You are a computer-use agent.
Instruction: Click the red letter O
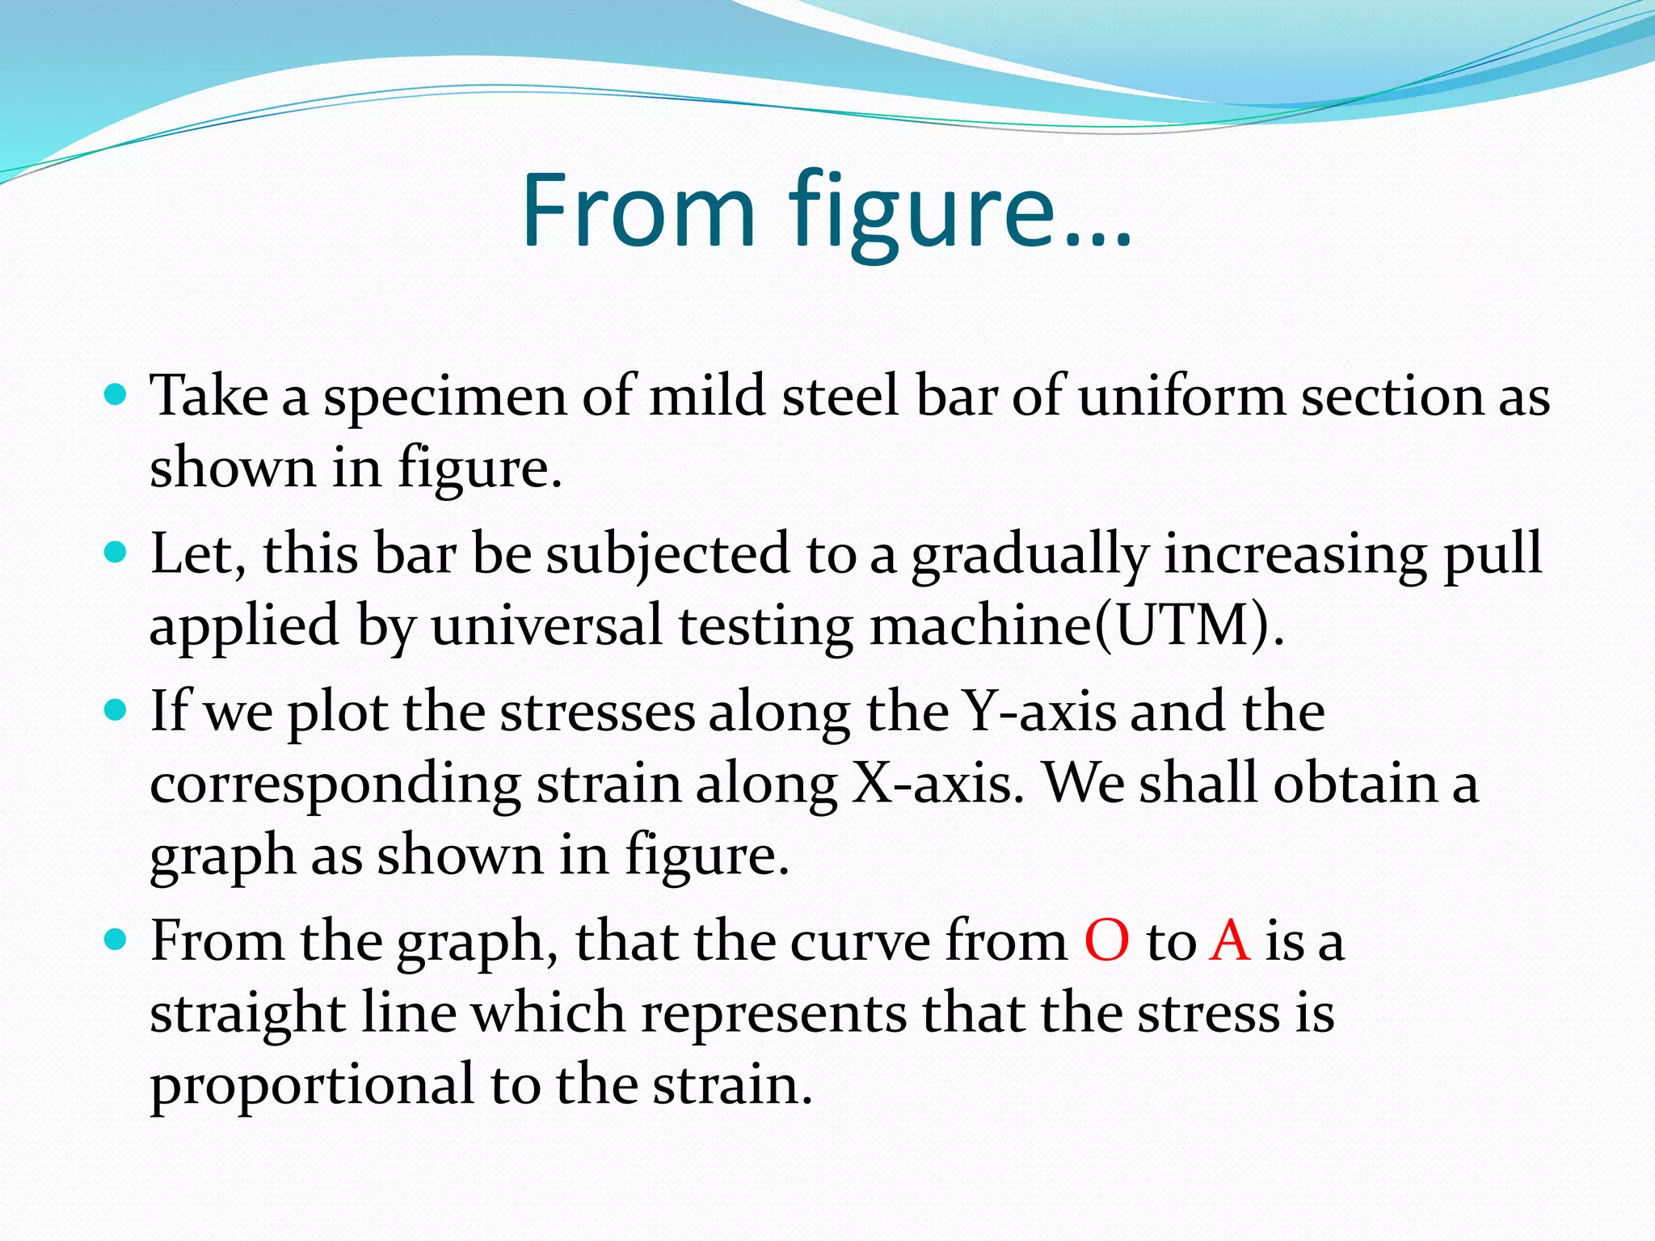tap(1106, 940)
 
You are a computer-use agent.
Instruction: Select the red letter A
tap(1230, 940)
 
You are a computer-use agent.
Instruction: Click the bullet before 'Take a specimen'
tap(116, 395)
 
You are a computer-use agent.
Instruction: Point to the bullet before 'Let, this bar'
tap(116, 553)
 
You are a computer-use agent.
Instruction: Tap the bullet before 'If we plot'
tap(116, 710)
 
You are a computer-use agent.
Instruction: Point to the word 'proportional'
tap(312, 1087)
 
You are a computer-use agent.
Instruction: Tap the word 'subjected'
tap(667, 556)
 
